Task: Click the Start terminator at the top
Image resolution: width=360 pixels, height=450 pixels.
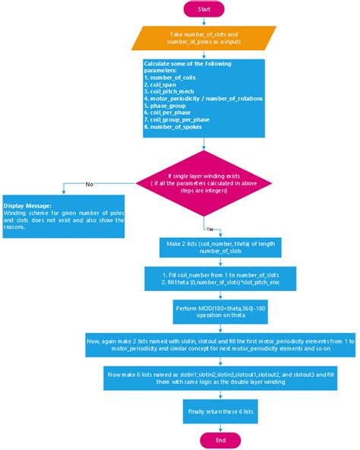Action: [x=203, y=9]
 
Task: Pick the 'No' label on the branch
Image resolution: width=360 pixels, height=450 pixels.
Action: [x=90, y=183]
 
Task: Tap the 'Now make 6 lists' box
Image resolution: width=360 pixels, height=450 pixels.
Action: [x=219, y=379]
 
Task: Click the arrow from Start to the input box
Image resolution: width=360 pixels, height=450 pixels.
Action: [x=203, y=21]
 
